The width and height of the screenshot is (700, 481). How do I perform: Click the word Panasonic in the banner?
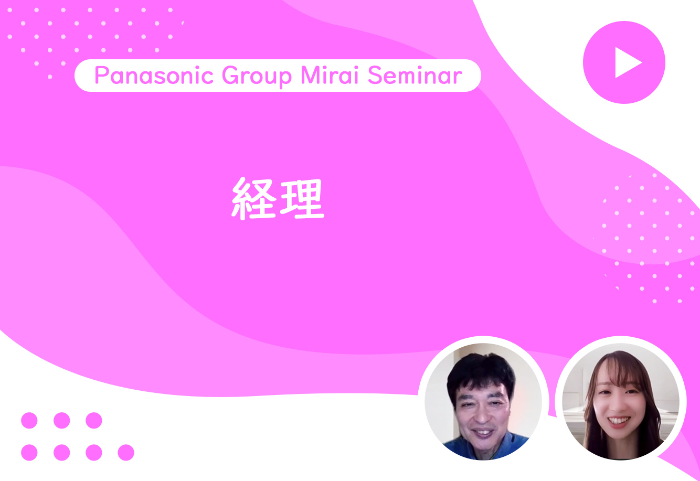point(154,76)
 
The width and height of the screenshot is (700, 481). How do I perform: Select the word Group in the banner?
point(257,77)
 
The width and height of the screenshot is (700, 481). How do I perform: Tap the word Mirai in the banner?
point(330,75)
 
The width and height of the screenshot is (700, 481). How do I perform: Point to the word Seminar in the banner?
point(415,76)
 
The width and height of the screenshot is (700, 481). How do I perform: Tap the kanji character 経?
point(254,199)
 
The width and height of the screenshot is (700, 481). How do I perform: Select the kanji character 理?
point(302,199)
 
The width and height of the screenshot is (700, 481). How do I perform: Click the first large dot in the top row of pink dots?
point(29,420)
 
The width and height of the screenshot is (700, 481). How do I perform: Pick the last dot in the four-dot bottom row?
point(126,453)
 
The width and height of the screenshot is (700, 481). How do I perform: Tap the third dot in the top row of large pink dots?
point(94,420)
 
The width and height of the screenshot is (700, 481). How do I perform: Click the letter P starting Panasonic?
point(101,76)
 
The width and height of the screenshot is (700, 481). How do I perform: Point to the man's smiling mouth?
point(483,433)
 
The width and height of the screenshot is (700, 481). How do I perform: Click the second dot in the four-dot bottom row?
point(61,453)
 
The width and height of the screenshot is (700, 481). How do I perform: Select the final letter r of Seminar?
point(458,78)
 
